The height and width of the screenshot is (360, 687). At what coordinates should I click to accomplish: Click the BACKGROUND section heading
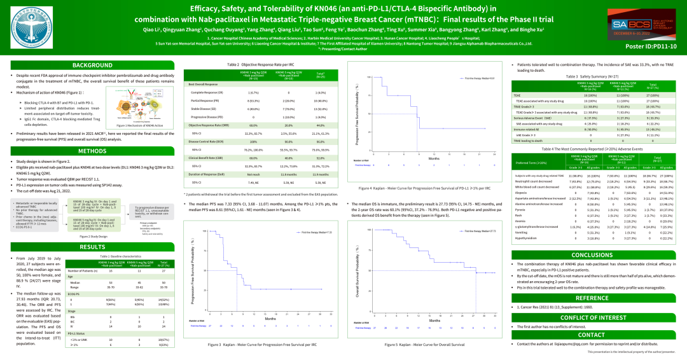tap(92, 66)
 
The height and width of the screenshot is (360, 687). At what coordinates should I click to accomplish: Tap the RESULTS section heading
tap(92, 247)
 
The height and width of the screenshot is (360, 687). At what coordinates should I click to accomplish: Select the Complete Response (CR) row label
tap(205, 92)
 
